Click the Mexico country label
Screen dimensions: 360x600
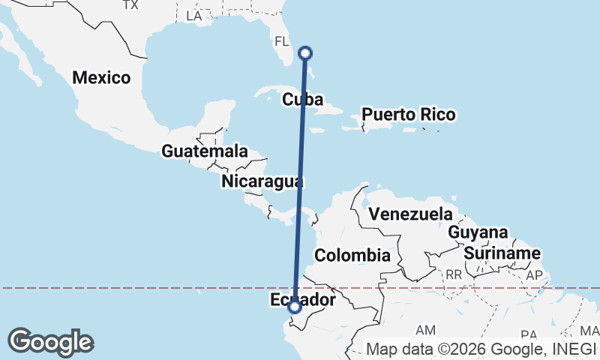[x=101, y=77]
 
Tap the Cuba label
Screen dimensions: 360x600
[x=303, y=100]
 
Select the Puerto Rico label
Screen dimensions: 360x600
[x=408, y=115]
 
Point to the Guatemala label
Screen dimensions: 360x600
[x=204, y=151]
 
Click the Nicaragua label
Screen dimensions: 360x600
[x=262, y=181]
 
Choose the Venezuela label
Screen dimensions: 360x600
[x=411, y=214]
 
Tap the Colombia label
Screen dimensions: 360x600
[x=352, y=256]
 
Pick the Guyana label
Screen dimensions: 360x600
[x=478, y=232]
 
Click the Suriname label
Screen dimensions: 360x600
[x=502, y=253]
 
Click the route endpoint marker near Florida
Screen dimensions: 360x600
[x=305, y=52]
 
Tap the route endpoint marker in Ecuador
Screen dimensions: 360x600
[x=295, y=307]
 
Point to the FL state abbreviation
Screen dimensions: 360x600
[x=282, y=40]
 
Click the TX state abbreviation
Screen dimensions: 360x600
[x=130, y=5]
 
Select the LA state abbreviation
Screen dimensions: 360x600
[x=193, y=16]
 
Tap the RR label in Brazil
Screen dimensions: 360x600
[x=453, y=275]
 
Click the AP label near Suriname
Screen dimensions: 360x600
[x=534, y=275]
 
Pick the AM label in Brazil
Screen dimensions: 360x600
[x=425, y=330]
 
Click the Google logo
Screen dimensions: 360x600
[x=50, y=342]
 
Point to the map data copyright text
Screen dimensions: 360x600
[x=480, y=349]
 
